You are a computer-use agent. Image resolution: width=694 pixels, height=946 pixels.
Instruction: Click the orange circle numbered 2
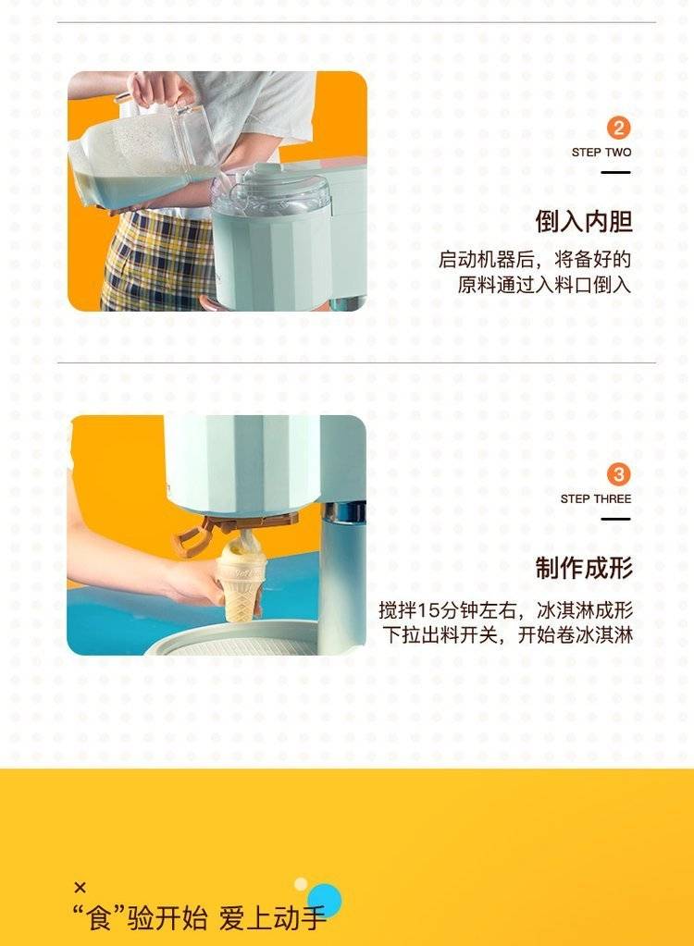tap(618, 128)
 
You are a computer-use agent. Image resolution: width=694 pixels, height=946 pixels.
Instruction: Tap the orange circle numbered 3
tap(618, 474)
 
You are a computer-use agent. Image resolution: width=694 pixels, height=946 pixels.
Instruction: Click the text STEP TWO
tap(601, 153)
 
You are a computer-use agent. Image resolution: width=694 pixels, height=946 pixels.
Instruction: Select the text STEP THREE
tap(596, 499)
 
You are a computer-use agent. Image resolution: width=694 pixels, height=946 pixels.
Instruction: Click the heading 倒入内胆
tap(584, 221)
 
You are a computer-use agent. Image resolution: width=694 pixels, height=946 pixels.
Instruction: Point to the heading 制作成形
tap(584, 568)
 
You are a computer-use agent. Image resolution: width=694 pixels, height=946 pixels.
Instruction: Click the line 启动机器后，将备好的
tap(535, 260)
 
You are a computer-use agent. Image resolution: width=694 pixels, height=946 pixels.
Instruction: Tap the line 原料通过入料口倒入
tap(544, 285)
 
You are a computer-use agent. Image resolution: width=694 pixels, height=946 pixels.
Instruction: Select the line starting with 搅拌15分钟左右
tap(506, 610)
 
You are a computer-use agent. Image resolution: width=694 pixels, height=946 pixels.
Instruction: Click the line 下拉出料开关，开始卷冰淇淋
tap(507, 635)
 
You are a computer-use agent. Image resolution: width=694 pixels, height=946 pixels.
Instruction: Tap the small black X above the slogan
tap(80, 887)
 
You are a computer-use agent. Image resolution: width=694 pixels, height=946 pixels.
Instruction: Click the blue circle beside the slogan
tap(326, 900)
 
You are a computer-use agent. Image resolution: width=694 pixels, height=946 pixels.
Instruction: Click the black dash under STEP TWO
tap(615, 173)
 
